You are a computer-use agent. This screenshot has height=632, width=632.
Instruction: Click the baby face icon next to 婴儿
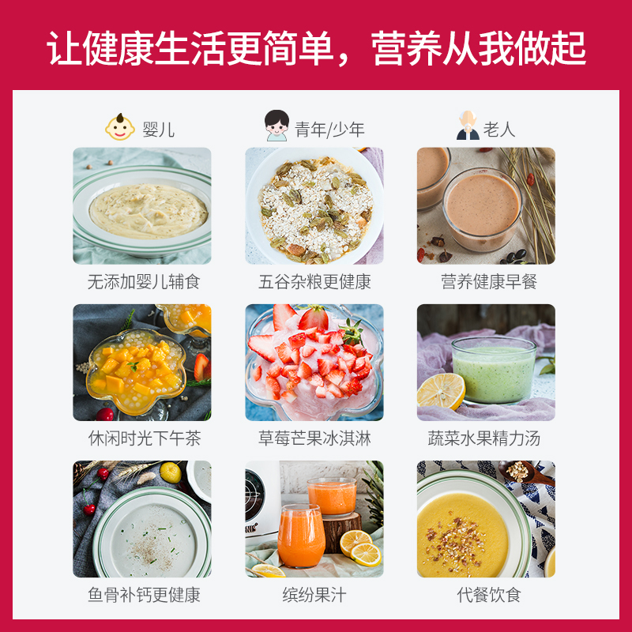[121, 126]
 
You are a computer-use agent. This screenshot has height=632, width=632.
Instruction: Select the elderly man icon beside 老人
[468, 126]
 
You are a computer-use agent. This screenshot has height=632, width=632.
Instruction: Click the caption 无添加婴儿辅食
[143, 282]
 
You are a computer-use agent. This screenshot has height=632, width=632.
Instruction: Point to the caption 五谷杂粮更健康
[314, 282]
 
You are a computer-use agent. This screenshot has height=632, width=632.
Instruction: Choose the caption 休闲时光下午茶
[143, 438]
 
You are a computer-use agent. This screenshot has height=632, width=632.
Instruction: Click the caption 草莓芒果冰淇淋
[314, 438]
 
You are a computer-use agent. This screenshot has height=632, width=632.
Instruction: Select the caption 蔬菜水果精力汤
[485, 438]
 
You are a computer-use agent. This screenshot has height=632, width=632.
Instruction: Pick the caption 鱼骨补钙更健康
[143, 595]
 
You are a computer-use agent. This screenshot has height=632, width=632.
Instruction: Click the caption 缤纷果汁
[314, 595]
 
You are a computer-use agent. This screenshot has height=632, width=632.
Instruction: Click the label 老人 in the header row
[499, 129]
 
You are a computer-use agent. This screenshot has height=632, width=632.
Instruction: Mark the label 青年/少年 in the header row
[330, 129]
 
